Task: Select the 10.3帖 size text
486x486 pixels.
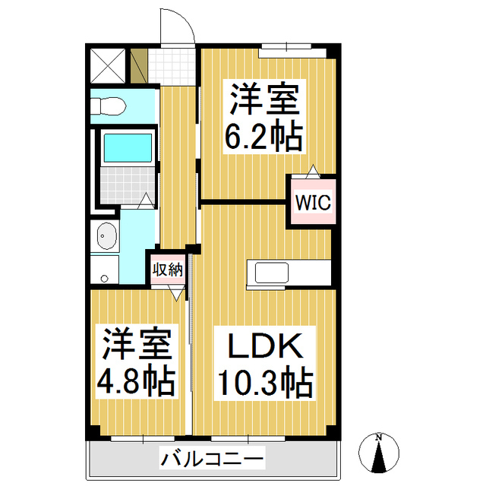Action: [265, 383]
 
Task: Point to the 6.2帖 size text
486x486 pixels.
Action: [264, 137]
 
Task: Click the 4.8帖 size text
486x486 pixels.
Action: [136, 380]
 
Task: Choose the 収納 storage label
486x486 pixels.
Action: [166, 270]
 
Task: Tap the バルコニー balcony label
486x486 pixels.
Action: [212, 459]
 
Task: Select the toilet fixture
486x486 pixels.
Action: [107, 108]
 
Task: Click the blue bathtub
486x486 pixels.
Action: [127, 147]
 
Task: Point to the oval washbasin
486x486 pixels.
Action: [106, 238]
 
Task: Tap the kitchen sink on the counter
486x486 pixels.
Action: [270, 271]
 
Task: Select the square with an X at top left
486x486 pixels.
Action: [106, 65]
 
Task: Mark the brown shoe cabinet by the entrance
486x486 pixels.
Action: [138, 66]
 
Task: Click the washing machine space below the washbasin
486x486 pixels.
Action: [105, 270]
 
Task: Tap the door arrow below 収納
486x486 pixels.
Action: [177, 293]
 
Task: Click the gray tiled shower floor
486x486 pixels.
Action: [127, 183]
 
